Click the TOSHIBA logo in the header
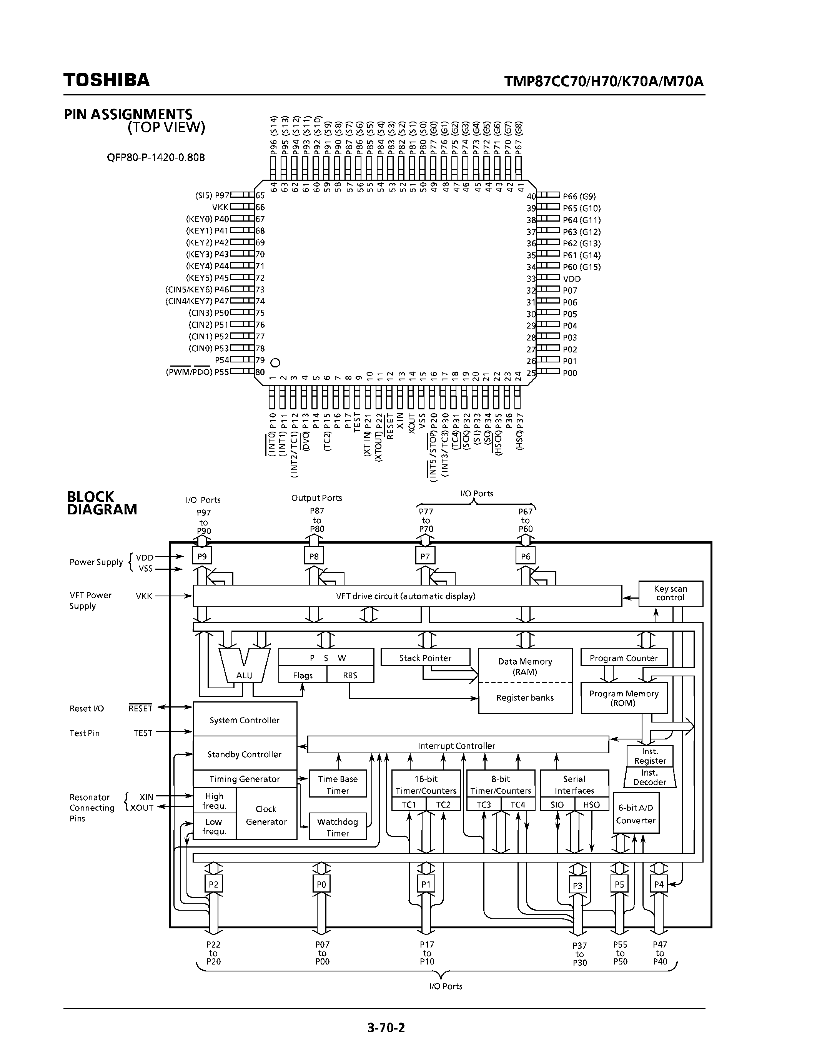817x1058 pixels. [x=106, y=80]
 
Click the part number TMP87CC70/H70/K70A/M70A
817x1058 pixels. [x=604, y=80]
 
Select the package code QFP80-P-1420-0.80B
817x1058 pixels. [x=156, y=157]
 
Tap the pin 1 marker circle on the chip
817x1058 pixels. [x=275, y=362]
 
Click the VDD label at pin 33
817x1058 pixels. [x=572, y=279]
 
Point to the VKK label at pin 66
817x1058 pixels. [x=220, y=207]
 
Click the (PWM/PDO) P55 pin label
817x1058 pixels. [x=197, y=372]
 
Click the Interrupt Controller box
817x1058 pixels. [x=457, y=746]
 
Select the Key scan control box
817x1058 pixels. [x=671, y=593]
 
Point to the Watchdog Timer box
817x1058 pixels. [x=337, y=828]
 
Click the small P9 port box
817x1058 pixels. [x=202, y=556]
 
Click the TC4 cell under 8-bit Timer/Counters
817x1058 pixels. [x=517, y=804]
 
